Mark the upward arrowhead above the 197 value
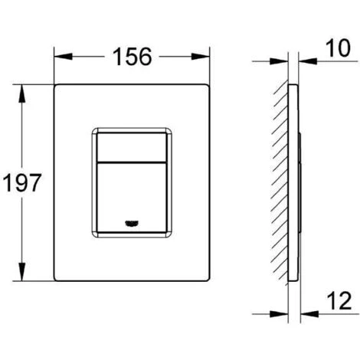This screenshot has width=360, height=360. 23,90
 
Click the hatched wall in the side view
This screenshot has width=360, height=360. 276,184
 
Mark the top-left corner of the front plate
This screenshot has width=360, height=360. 55,85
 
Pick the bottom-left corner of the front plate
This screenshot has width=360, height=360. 55,283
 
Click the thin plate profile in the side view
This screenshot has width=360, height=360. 293,184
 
